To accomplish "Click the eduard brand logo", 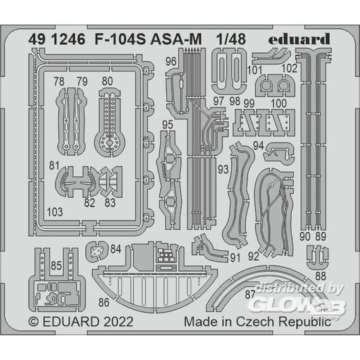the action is [299, 39].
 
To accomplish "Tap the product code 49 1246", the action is [57, 39].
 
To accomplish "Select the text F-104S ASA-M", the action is [148, 39].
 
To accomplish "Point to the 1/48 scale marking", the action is [231, 39].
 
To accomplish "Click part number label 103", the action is [55, 212].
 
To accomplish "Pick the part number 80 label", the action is [107, 81].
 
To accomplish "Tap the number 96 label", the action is [171, 61].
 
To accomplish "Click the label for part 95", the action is [167, 124].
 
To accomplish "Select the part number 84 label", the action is [116, 249].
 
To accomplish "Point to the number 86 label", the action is [104, 303].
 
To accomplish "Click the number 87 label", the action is [250, 294].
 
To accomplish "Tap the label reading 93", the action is [223, 169].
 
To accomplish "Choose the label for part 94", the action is [258, 145].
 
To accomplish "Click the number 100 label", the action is [279, 104].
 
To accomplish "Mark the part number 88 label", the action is [320, 276].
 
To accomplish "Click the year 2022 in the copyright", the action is [119, 321].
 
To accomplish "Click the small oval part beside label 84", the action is [97, 251].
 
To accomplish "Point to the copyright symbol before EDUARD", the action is [33, 322].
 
